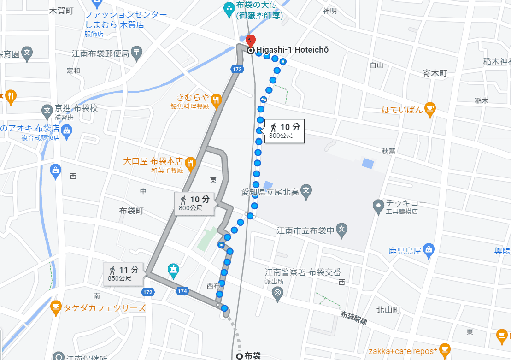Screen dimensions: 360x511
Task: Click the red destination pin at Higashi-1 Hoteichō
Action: click(x=251, y=41)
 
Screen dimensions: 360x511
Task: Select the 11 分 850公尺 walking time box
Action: click(x=124, y=274)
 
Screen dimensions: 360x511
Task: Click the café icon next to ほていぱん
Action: click(x=429, y=109)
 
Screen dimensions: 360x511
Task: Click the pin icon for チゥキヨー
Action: click(x=378, y=206)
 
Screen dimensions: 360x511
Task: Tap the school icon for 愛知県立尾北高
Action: click(x=306, y=190)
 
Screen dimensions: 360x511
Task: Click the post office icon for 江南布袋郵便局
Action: click(x=136, y=53)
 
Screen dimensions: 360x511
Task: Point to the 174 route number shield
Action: click(x=182, y=291)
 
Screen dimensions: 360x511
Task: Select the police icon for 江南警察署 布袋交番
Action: click(x=277, y=293)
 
